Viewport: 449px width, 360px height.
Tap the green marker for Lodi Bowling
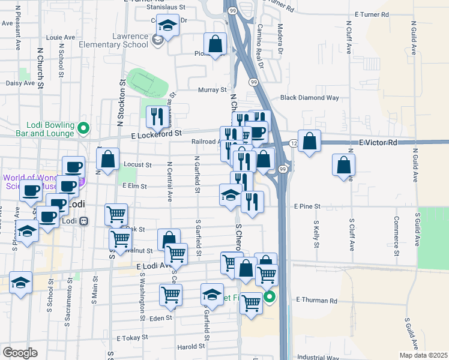click(x=84, y=127)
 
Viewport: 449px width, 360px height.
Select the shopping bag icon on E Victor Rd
click(x=309, y=142)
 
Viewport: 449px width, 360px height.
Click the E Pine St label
click(x=308, y=206)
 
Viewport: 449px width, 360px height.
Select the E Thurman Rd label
click(x=316, y=300)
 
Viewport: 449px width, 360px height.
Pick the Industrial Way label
click(x=318, y=357)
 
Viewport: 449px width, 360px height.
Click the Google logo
click(x=20, y=352)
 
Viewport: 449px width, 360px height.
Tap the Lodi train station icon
click(x=84, y=220)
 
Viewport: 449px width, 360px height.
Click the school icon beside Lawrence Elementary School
click(x=157, y=40)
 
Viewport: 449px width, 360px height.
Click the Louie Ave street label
click(x=59, y=37)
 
